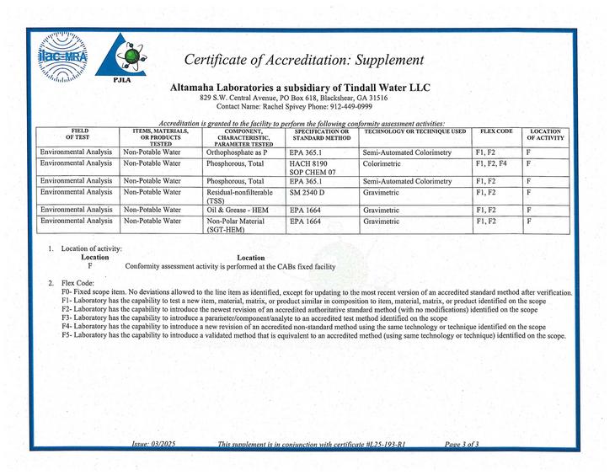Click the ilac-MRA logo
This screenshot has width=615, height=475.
coord(62,57)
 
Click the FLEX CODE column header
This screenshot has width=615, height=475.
coord(496,132)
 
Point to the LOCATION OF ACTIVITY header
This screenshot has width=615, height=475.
coord(545,136)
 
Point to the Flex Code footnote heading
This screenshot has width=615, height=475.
coord(79,282)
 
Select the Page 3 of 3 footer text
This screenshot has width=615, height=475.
coord(461,444)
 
